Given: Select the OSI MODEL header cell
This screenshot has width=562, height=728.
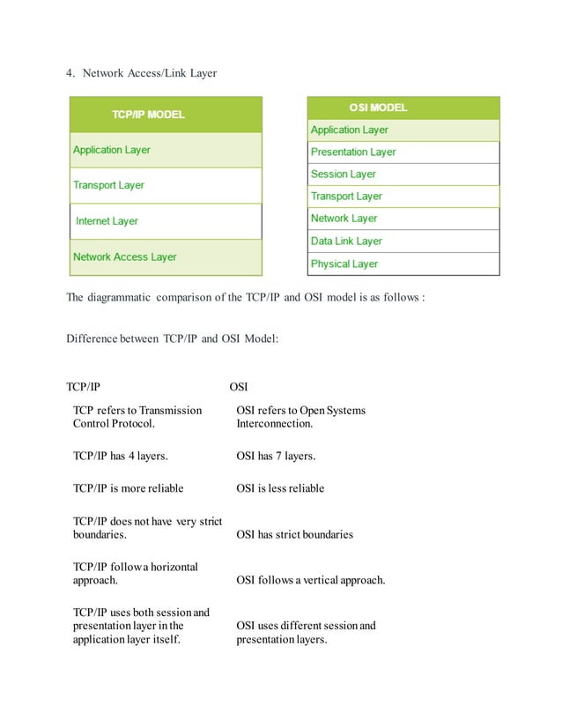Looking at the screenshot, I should pos(403,108).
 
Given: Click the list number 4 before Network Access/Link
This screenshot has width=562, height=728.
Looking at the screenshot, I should pos(70,73).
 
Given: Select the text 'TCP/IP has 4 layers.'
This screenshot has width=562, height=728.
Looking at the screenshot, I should pos(120,456).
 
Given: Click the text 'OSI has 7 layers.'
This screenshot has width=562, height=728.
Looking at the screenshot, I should pos(276,456).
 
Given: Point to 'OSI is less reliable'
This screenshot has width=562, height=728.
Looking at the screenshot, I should pos(280,488).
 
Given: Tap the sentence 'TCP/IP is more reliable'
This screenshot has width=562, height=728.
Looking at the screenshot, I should pos(128,488).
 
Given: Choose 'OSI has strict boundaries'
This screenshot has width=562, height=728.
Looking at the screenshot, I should pos(294,534).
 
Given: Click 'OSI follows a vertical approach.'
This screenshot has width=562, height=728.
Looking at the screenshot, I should pos(310,580).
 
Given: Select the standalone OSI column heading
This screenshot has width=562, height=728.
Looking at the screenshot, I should pos(239,386).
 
